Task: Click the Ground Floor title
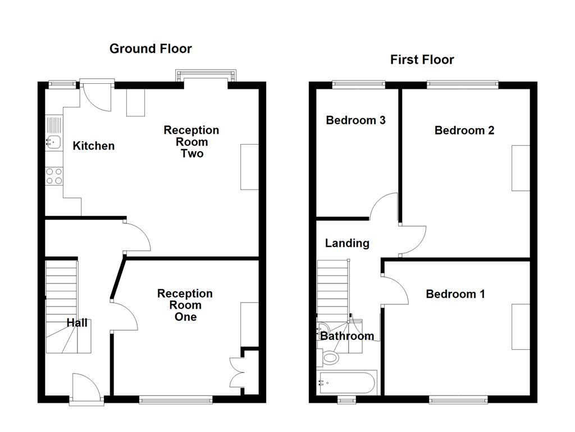(150, 49)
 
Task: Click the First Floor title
(422, 60)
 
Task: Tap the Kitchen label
(94, 146)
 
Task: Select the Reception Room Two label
(191, 142)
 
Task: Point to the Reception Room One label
(185, 305)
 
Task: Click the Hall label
(77, 323)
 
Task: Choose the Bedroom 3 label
(355, 120)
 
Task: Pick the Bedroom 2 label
(464, 130)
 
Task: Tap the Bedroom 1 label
(455, 294)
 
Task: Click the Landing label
(348, 243)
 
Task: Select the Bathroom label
(347, 336)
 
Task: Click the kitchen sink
(53, 142)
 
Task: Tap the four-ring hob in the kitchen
(54, 176)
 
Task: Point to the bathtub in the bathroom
(346, 383)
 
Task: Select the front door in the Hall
(86, 389)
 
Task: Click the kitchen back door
(96, 96)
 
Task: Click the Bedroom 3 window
(358, 85)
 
